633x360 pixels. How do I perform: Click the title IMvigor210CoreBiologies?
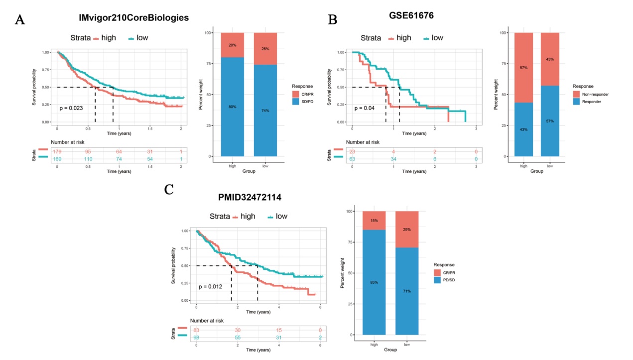tap(133, 18)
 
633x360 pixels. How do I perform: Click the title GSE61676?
tap(411, 15)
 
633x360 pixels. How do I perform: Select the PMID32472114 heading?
tap(250, 197)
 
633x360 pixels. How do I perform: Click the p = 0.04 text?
tap(364, 108)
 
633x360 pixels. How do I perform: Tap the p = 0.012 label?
tap(211, 287)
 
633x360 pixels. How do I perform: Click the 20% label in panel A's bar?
tap(233, 45)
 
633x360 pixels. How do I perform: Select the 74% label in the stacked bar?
tap(265, 111)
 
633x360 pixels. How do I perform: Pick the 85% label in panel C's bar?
tap(374, 282)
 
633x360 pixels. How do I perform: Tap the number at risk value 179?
tap(58, 151)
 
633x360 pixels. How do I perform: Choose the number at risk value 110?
tap(88, 158)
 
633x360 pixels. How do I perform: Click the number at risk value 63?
tap(352, 158)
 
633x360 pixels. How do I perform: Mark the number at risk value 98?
tap(197, 338)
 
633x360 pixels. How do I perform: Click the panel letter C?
tap(168, 190)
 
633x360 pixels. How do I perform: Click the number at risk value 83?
tap(197, 330)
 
